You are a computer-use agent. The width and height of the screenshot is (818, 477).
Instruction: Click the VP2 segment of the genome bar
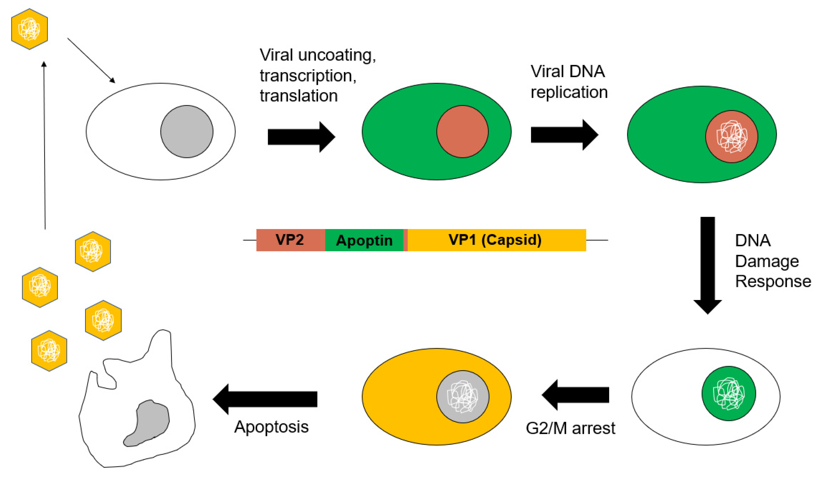tap(290, 240)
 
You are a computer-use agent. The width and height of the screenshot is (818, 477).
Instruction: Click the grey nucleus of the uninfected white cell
tap(187, 132)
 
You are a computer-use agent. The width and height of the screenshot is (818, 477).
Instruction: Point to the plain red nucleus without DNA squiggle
tap(462, 132)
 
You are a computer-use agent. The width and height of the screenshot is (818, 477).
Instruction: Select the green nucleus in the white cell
tap(728, 394)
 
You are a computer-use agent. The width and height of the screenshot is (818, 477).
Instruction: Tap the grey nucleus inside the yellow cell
tap(463, 397)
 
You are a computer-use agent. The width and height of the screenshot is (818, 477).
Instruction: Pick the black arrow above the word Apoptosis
tap(264, 399)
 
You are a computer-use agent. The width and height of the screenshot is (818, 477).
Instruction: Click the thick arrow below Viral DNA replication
tap(564, 135)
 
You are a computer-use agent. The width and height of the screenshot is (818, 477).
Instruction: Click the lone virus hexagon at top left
tap(29, 29)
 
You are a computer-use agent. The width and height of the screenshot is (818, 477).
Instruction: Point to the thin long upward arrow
tap(45, 146)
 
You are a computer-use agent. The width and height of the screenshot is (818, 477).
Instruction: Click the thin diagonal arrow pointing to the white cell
tap(91, 60)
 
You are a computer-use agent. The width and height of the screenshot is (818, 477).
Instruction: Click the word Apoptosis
tap(271, 427)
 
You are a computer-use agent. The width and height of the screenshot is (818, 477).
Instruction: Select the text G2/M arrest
tap(570, 428)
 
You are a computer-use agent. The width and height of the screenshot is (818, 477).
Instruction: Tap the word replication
tap(569, 92)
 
